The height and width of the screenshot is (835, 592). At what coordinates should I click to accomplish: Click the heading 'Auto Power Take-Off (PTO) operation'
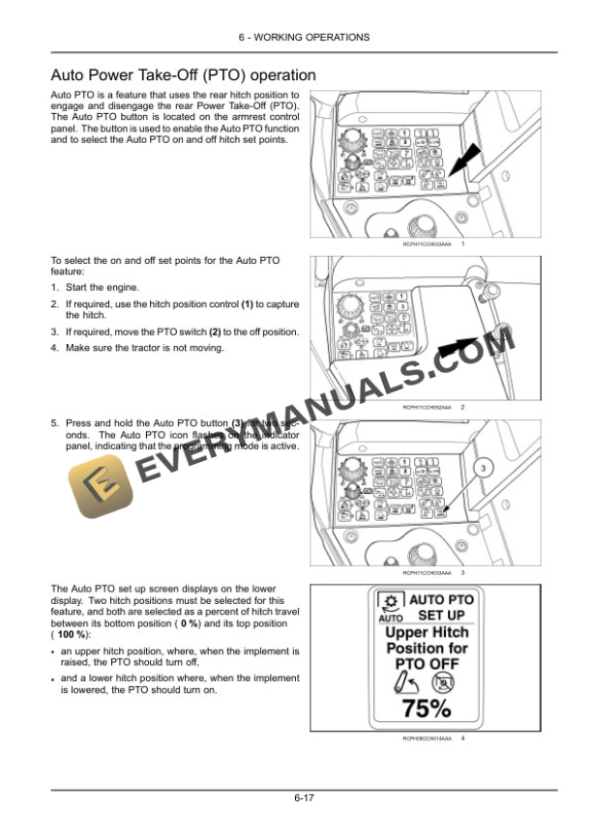(x=183, y=74)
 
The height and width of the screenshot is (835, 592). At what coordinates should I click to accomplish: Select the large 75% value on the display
(x=426, y=708)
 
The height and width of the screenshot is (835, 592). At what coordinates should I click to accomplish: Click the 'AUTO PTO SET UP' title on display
(x=441, y=607)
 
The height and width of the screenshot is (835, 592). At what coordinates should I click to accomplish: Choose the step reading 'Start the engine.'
(x=103, y=287)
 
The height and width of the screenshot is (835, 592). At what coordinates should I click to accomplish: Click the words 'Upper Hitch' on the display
(x=427, y=633)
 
